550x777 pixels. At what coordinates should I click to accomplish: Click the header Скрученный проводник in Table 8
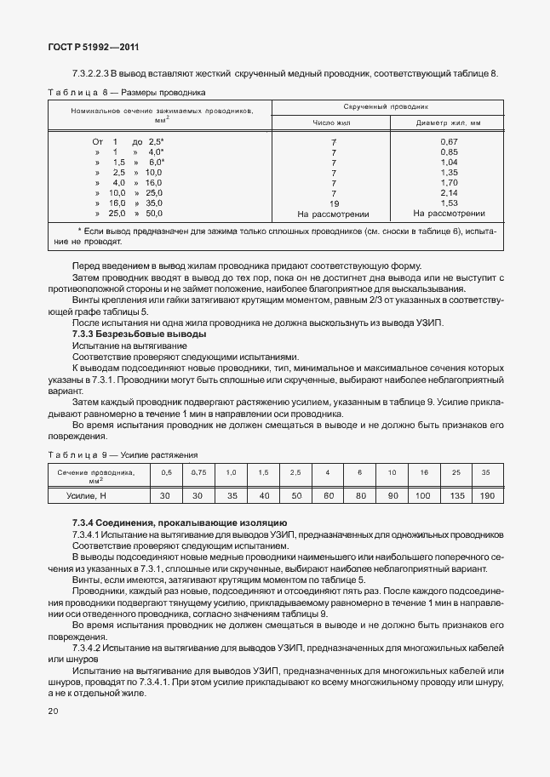(386, 107)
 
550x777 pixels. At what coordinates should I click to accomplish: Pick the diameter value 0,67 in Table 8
(449, 140)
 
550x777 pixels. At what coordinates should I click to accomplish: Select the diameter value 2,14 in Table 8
(449, 193)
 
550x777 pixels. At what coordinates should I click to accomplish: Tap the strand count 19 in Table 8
(334, 203)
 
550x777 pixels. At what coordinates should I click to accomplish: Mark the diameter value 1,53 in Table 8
(449, 203)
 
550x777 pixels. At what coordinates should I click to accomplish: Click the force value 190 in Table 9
(485, 494)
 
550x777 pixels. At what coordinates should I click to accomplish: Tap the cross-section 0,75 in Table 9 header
(198, 471)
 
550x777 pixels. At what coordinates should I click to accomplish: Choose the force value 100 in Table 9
(423, 494)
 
